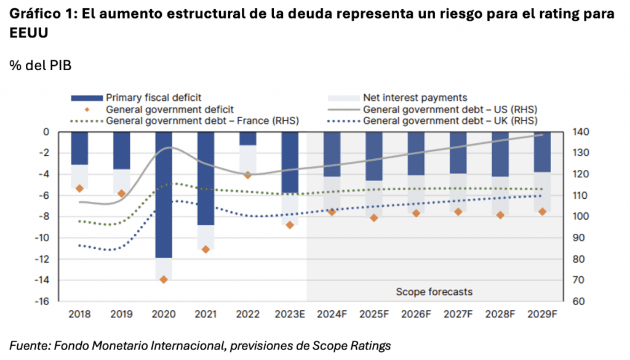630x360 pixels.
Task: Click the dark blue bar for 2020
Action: [164, 194]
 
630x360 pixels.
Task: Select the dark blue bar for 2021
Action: [205, 178]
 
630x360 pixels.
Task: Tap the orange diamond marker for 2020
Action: [164, 279]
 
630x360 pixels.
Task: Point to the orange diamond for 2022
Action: [248, 175]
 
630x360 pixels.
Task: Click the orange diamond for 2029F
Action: [542, 212]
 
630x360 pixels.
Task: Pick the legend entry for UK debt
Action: [450, 121]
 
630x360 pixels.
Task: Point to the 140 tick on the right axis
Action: [580, 132]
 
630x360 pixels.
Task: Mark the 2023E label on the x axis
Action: [290, 314]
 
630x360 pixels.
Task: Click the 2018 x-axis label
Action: [79, 314]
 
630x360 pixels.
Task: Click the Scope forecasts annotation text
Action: [434, 291]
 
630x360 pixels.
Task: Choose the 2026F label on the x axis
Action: [416, 314]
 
